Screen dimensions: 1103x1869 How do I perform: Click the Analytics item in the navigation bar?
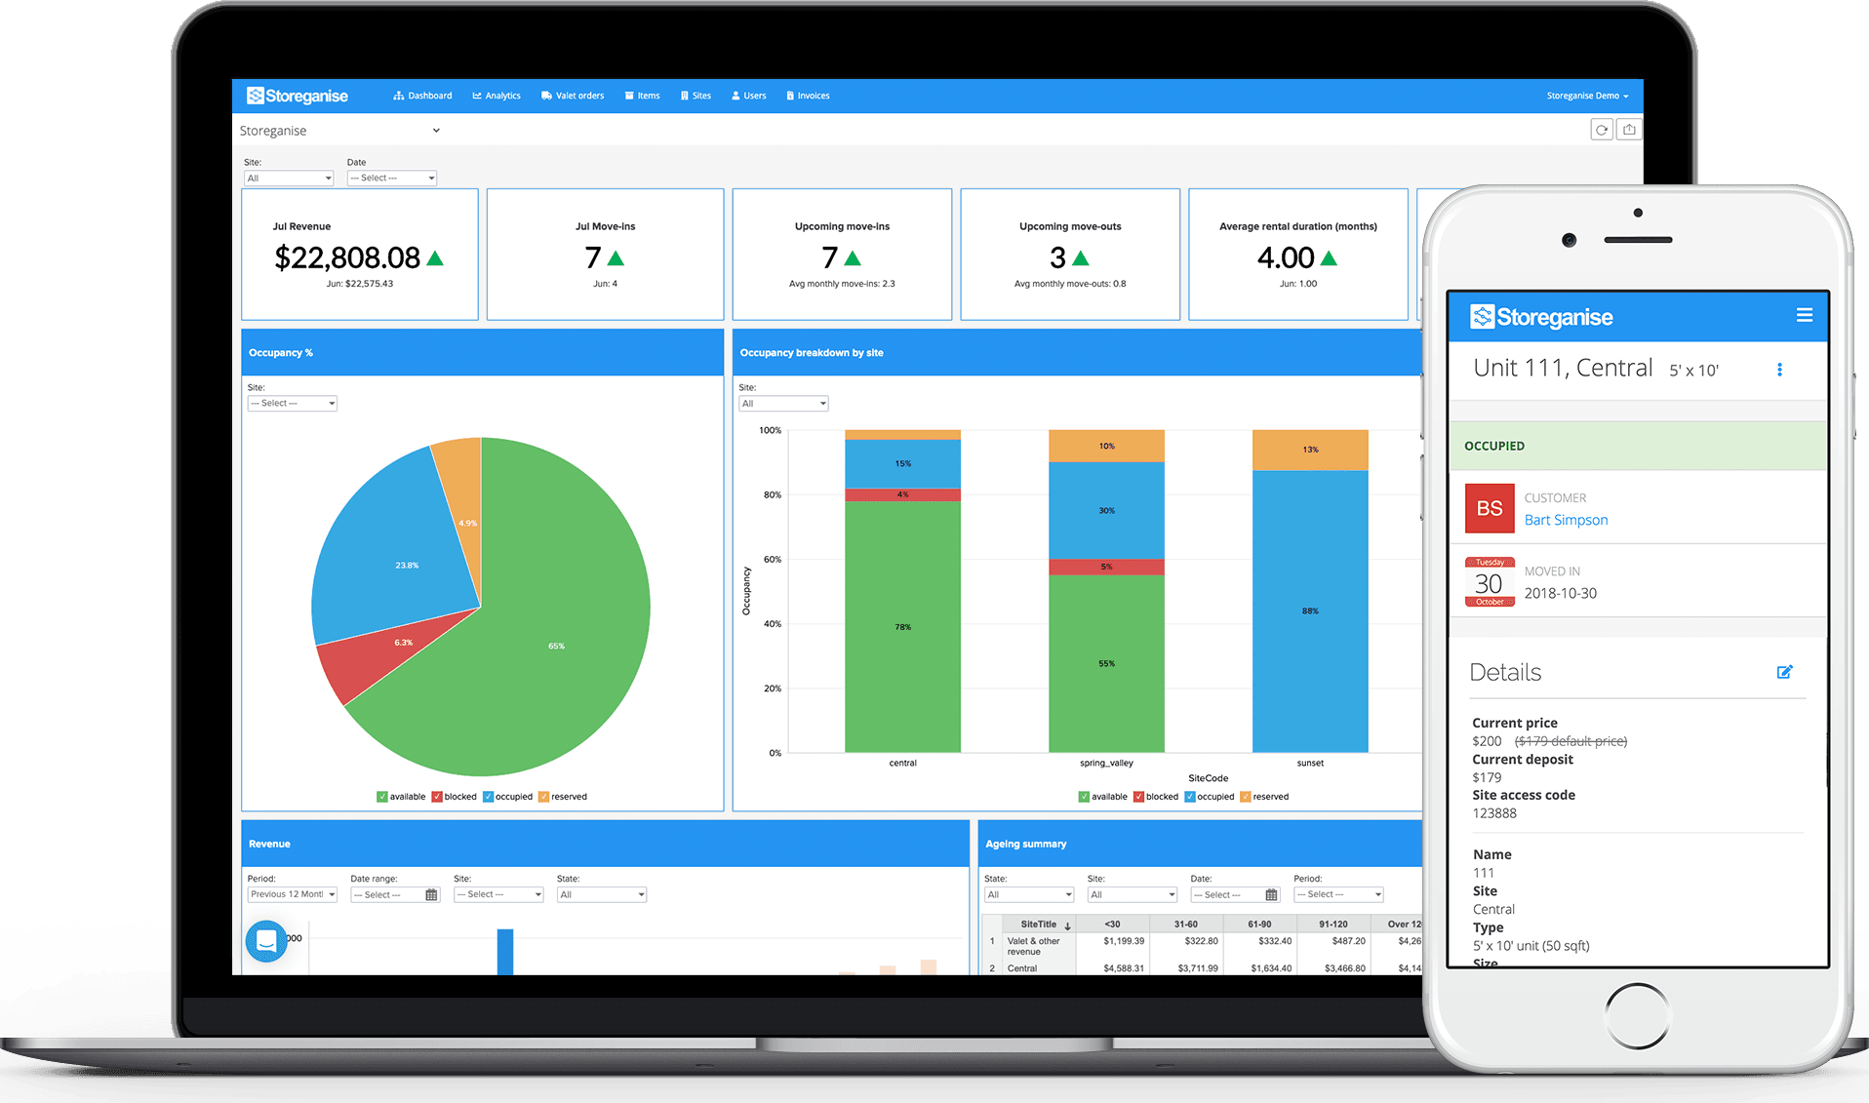pyautogui.click(x=497, y=96)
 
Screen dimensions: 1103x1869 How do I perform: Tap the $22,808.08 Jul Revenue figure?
pyautogui.click(x=347, y=257)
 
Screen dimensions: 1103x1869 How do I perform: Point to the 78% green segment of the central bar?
pyautogui.click(x=902, y=626)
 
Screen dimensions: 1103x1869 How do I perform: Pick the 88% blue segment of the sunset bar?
pyautogui.click(x=1310, y=611)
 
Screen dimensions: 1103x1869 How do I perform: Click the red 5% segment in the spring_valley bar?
pyautogui.click(x=1106, y=567)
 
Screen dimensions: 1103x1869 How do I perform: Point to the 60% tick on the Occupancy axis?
pyautogui.click(x=772, y=560)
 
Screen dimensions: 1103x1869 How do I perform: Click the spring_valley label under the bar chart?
pyautogui.click(x=1106, y=763)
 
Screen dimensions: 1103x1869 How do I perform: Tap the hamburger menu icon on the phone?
pyautogui.click(x=1804, y=315)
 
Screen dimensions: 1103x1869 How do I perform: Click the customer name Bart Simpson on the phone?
pyautogui.click(x=1566, y=520)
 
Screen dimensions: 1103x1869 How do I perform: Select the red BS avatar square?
pyautogui.click(x=1490, y=508)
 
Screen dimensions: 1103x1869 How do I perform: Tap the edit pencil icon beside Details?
pyautogui.click(x=1784, y=672)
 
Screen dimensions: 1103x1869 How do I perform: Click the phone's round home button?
pyautogui.click(x=1637, y=1015)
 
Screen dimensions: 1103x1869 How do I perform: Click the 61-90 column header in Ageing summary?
pyautogui.click(x=1258, y=924)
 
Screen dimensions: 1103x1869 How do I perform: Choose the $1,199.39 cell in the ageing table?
pyautogui.click(x=1124, y=941)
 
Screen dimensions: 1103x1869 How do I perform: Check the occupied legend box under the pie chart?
pyautogui.click(x=489, y=797)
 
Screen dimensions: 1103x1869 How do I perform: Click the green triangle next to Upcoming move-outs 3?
pyautogui.click(x=1080, y=258)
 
